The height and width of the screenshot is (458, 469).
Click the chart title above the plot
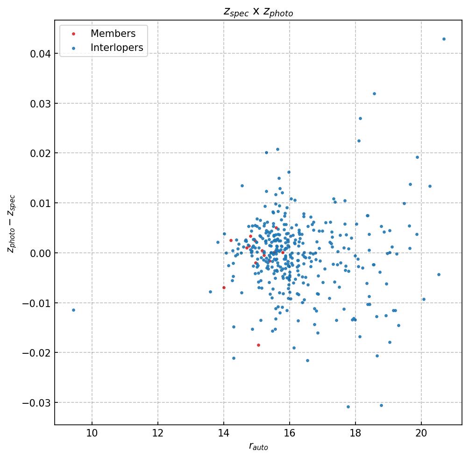[258, 13]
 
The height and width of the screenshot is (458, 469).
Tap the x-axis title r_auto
[258, 447]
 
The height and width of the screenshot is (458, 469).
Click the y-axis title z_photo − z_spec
[11, 224]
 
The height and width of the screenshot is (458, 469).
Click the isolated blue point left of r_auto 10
[73, 310]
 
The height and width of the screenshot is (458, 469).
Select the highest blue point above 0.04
[444, 39]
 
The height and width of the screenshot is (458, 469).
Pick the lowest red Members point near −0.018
[258, 345]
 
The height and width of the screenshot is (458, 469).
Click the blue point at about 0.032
[374, 93]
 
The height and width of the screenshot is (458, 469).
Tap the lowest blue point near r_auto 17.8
[348, 407]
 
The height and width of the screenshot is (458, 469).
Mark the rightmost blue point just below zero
[439, 274]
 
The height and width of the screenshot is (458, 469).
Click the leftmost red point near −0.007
[224, 287]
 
